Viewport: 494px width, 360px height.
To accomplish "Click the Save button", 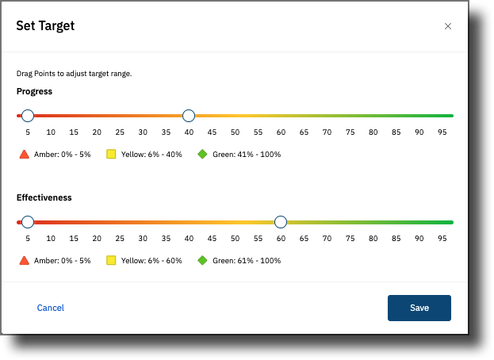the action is [419, 308].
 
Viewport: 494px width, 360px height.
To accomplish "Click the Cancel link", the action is [51, 308].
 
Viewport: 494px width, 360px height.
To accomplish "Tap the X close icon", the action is [448, 26].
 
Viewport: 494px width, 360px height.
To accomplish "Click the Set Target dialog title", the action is [45, 26].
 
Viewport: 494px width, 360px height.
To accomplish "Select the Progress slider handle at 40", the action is [189, 116].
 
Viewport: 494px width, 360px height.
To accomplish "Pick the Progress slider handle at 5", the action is [28, 116].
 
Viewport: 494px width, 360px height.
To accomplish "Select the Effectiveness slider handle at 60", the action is [281, 222].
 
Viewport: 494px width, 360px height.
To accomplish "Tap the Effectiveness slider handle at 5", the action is [28, 222].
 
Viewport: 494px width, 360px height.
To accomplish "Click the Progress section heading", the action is [34, 91].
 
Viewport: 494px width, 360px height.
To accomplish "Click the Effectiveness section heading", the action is [44, 197].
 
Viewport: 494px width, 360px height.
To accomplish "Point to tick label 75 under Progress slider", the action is [350, 132].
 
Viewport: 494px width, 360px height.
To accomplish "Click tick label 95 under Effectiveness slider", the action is [442, 239].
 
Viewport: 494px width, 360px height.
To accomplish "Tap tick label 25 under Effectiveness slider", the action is [120, 239].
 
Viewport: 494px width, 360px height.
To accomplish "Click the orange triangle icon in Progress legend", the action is [25, 155].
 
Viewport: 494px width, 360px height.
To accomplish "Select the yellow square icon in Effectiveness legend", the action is [111, 260].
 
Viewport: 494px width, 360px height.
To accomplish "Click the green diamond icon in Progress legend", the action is [202, 154].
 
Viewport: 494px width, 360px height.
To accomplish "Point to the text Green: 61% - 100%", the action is [247, 260].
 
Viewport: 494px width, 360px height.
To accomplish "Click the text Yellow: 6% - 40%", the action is [151, 155].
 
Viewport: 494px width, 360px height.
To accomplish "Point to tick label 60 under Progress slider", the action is [281, 132].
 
